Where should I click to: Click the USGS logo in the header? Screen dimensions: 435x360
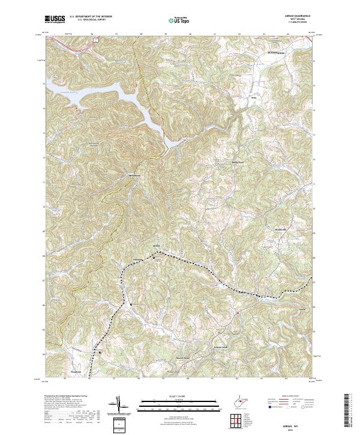tap(55, 20)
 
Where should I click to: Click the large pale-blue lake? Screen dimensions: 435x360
tap(120, 96)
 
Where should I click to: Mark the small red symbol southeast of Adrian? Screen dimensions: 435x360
tap(238, 313)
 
